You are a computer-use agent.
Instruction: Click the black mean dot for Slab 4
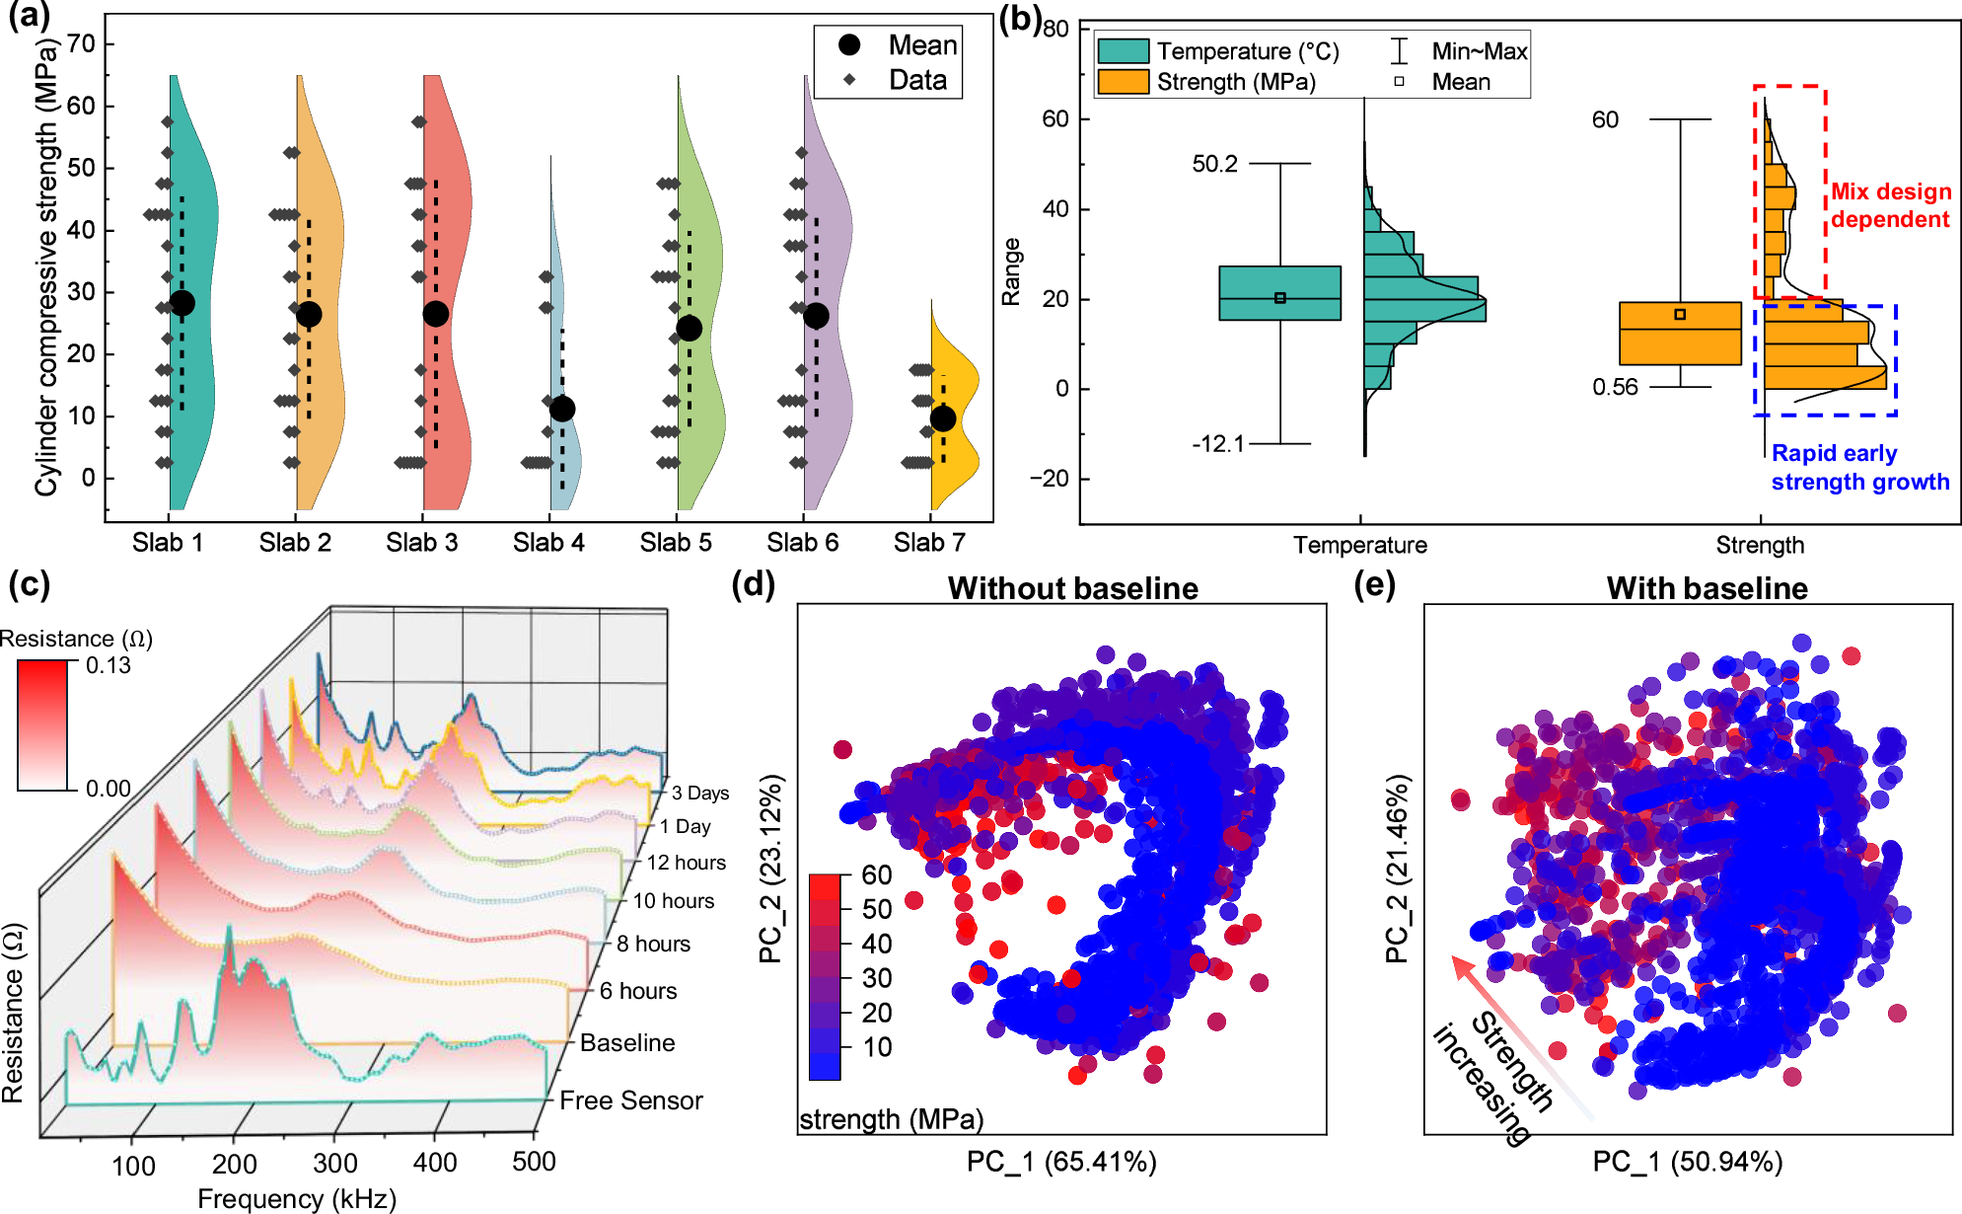[562, 409]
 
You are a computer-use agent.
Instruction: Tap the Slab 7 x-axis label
[929, 543]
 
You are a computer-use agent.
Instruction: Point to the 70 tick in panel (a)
[82, 44]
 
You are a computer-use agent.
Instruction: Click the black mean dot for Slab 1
[182, 303]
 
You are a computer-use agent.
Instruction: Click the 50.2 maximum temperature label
[1214, 164]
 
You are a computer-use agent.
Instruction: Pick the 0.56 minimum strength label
[1615, 387]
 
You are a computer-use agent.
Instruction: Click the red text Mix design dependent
[1890, 205]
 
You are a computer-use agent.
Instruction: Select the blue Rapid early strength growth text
[1859, 468]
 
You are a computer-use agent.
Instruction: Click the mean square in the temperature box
[1280, 297]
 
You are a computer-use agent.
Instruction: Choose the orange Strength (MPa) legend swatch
[1124, 82]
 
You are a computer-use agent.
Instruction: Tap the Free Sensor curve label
[631, 1100]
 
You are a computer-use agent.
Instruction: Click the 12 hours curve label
[686, 863]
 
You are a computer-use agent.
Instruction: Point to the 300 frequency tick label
[335, 1163]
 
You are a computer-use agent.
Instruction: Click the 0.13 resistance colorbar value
[108, 665]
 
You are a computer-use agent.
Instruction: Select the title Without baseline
[1072, 588]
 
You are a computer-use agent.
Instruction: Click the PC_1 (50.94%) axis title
[1687, 1162]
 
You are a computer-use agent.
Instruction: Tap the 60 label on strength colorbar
[876, 875]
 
